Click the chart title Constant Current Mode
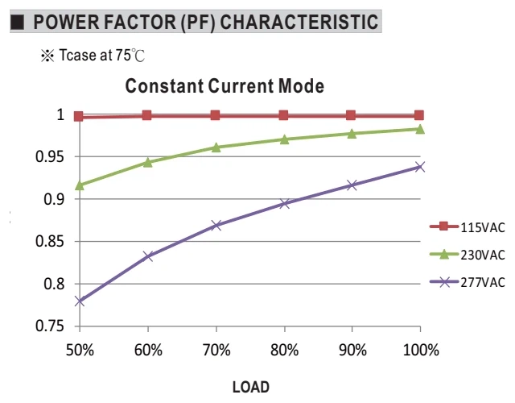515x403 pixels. [x=225, y=86]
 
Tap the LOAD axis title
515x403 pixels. [x=251, y=387]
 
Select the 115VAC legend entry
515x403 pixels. [x=467, y=227]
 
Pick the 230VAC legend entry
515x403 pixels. [x=467, y=255]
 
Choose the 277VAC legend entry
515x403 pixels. [x=467, y=282]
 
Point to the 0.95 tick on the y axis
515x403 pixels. [x=49, y=157]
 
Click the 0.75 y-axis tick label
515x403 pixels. [x=49, y=326]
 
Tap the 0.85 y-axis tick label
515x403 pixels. [x=49, y=242]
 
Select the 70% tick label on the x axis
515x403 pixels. [x=216, y=350]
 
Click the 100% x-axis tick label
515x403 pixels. [x=421, y=350]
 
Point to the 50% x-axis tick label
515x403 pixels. [x=80, y=350]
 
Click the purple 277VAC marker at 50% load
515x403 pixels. [x=80, y=301]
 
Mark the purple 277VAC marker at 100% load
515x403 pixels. [x=420, y=167]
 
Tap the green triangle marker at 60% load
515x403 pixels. [x=148, y=162]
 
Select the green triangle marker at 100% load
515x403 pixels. [x=420, y=129]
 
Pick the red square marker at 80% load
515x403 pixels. [x=283, y=115]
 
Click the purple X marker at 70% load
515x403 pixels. [x=216, y=226]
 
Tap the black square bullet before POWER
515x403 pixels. [x=18, y=22]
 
